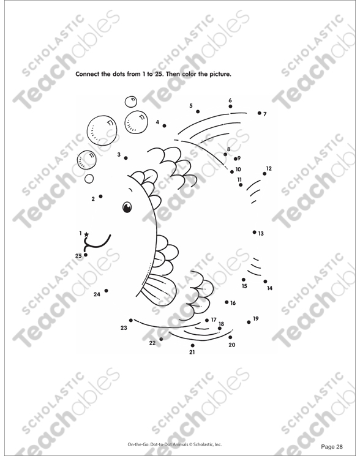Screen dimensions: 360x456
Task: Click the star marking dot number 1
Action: [x=86, y=234]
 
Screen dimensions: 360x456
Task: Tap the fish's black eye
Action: [x=127, y=207]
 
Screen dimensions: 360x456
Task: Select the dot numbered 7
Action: [x=260, y=113]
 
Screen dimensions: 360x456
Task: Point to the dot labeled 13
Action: [x=255, y=232]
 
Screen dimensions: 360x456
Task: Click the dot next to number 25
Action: [x=86, y=255]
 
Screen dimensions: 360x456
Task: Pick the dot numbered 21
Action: [x=192, y=345]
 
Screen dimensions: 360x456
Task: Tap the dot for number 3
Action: [x=126, y=158]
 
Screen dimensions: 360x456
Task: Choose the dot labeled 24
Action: [x=107, y=291]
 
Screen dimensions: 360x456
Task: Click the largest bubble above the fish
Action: [x=102, y=130]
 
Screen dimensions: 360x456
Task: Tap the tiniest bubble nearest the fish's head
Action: [x=89, y=179]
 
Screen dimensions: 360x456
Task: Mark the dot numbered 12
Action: [x=264, y=174]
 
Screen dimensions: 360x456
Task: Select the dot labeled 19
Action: [x=249, y=322]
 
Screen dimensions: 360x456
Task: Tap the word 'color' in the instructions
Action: [x=189, y=74]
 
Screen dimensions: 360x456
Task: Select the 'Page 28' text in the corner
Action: [x=332, y=447]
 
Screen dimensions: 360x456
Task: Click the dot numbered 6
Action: [x=230, y=107]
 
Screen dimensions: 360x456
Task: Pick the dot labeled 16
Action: [x=227, y=302]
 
